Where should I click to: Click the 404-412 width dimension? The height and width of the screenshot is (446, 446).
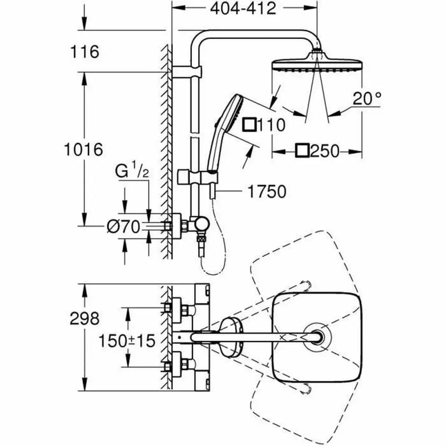(245, 9)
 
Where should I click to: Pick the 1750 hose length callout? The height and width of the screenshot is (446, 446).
(259, 191)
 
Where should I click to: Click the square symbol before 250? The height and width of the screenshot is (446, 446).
(302, 152)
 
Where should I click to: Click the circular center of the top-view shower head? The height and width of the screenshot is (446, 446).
(315, 335)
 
